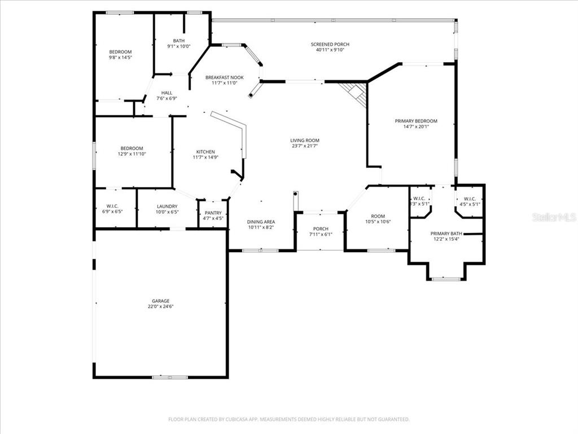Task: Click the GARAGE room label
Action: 160,301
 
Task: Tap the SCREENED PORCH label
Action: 330,44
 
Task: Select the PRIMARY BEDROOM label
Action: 416,121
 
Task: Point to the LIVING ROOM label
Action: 305,140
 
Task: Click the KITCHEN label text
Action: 205,151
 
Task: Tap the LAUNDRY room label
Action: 167,206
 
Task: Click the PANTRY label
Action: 213,212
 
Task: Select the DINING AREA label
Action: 261,222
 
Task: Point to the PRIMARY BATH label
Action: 446,233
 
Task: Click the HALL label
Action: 167,93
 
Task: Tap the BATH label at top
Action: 178,41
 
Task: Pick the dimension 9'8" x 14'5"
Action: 120,57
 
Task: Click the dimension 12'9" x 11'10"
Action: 132,154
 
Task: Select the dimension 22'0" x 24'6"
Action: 160,307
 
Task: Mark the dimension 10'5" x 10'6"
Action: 378,222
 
